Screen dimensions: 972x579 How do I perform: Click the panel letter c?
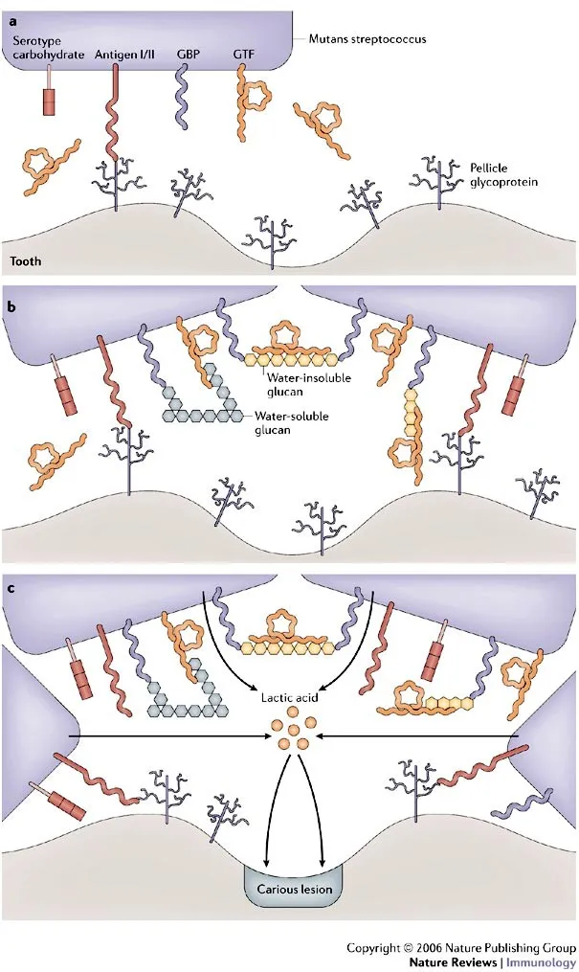[x=11, y=587]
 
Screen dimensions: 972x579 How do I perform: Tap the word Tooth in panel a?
[x=26, y=260]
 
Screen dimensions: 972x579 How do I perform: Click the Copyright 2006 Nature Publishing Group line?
[x=460, y=947]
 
